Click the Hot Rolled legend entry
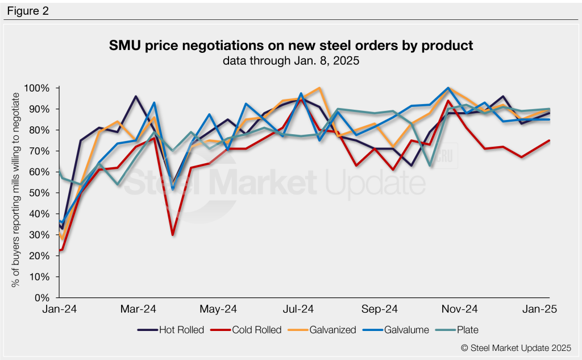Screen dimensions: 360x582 tap(171, 330)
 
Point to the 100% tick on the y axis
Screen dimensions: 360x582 tap(38, 88)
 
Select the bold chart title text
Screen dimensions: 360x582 tap(290, 45)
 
